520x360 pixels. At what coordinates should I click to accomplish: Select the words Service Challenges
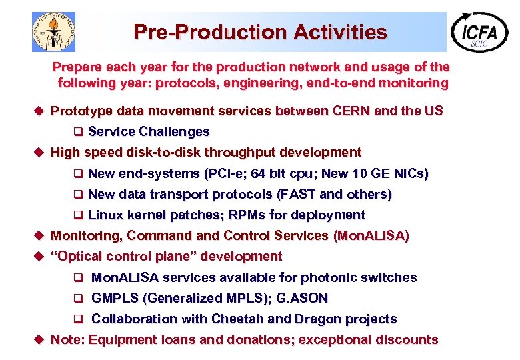point(148,132)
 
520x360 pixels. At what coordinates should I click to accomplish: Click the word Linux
point(104,215)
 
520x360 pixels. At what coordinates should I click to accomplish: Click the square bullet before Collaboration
point(77,319)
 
